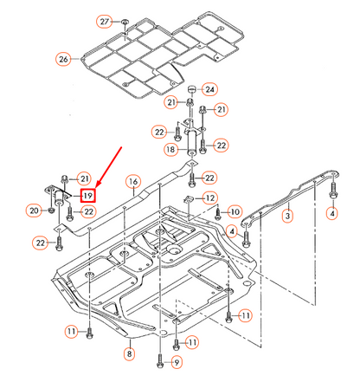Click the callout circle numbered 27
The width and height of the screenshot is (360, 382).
point(105,21)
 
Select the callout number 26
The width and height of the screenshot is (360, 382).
point(62,59)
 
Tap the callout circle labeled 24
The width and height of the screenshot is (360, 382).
point(211,88)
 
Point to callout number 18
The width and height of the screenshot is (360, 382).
point(170,149)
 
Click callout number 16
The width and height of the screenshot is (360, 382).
point(132,181)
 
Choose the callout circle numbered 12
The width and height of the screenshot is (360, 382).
point(210,198)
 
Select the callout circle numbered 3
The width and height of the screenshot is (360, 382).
point(288,215)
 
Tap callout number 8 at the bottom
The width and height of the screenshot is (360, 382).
point(129,353)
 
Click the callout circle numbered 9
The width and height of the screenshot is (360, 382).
point(177,361)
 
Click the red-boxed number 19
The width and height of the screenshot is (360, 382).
point(87,196)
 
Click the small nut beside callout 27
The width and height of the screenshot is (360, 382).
point(125,19)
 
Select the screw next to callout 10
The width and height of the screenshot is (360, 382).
point(218,212)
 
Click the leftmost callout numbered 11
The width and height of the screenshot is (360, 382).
point(70,332)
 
